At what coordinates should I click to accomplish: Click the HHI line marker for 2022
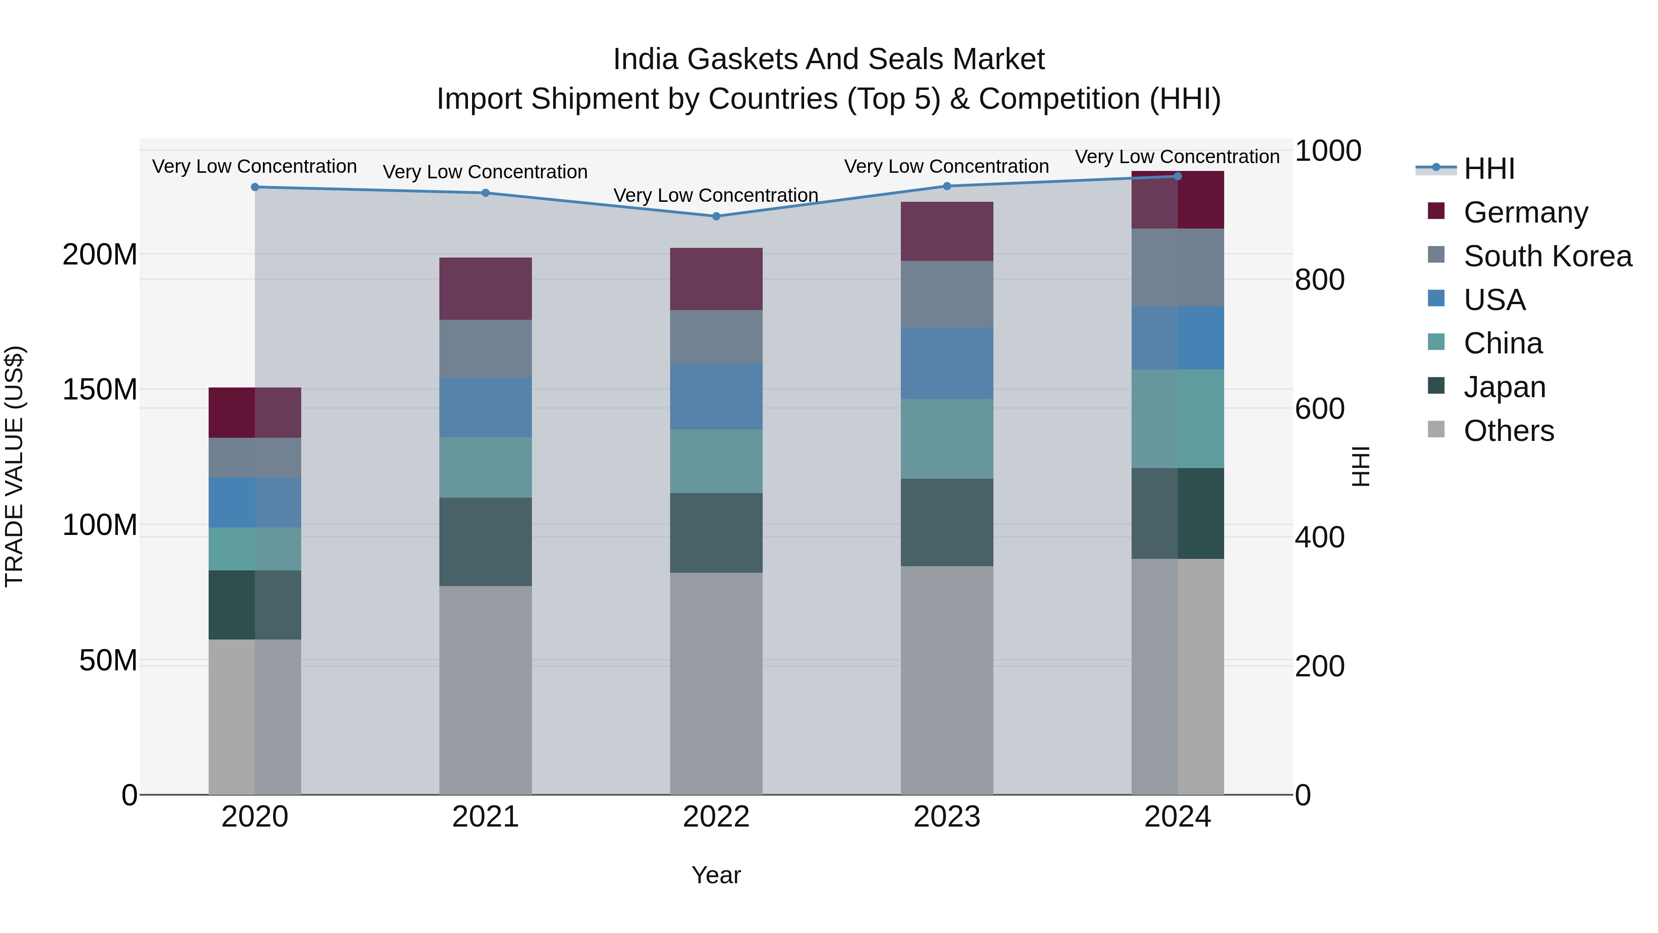(716, 217)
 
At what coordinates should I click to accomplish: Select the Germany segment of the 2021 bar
(485, 288)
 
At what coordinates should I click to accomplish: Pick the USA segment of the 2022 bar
(716, 396)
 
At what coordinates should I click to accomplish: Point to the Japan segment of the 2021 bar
(485, 541)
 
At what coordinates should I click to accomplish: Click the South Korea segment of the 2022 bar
(716, 336)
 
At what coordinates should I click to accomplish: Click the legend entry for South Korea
(1547, 256)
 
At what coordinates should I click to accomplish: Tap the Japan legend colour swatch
(1436, 386)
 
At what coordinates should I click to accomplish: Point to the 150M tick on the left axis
(100, 389)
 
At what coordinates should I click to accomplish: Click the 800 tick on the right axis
(1319, 280)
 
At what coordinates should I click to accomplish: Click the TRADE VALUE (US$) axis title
(15, 466)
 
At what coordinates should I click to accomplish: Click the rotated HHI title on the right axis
(1360, 466)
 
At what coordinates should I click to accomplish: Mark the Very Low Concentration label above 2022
(716, 195)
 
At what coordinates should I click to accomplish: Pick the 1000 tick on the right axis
(1328, 151)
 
